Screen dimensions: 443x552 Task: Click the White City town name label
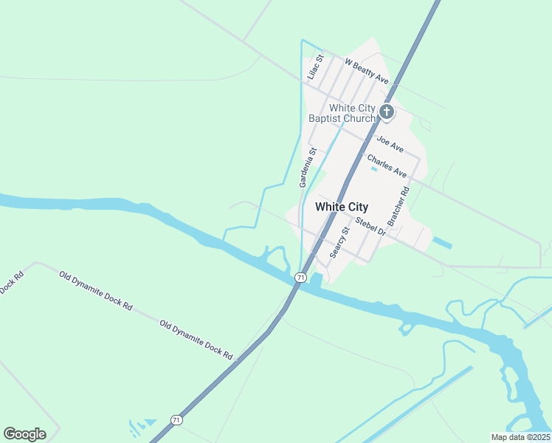point(341,207)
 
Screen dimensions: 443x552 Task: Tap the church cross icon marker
point(387,112)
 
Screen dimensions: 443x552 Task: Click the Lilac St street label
point(315,68)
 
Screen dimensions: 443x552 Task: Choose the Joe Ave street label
point(390,140)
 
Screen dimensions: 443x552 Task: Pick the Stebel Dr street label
point(371,226)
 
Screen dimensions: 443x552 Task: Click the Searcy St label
point(339,243)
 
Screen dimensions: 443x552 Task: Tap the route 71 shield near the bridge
point(300,277)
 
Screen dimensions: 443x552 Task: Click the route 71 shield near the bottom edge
point(176,419)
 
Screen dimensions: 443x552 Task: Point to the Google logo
point(24,434)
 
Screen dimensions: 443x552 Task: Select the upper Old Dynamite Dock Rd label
point(95,289)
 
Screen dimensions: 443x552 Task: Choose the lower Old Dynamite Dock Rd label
point(196,340)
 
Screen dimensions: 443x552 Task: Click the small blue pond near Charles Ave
point(373,169)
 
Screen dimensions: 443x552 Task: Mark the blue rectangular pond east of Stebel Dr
point(441,242)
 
